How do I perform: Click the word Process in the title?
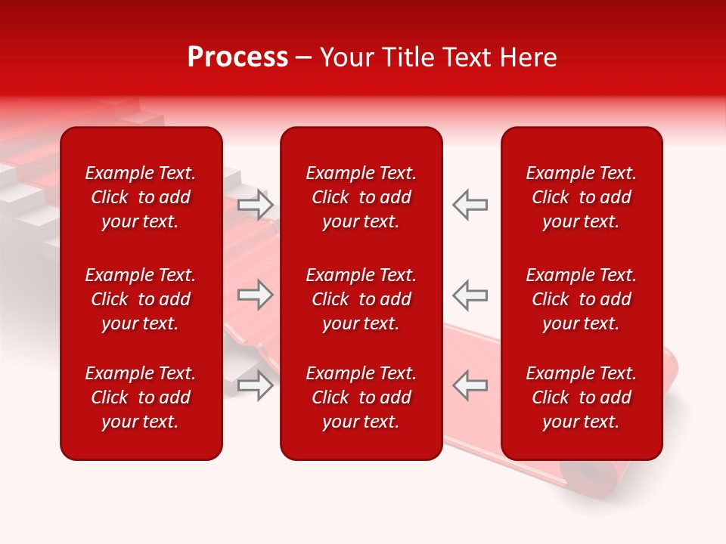coord(237,57)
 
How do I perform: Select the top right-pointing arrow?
coord(256,205)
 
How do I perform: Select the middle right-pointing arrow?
coord(256,295)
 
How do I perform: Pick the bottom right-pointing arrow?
coord(256,385)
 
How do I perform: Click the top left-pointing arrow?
coord(470,205)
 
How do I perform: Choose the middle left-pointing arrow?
coord(470,295)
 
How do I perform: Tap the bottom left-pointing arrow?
coord(470,385)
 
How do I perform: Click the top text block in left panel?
coord(141,197)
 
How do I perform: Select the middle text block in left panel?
coord(141,299)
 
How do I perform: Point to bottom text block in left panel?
coord(141,397)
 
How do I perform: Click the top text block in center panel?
coord(361,197)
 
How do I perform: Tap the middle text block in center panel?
coord(361,299)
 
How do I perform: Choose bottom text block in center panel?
coord(361,397)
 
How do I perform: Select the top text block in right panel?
coord(582,197)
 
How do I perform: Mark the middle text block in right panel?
coord(582,299)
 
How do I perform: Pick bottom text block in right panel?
coord(582,397)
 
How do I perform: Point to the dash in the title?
coord(303,59)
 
